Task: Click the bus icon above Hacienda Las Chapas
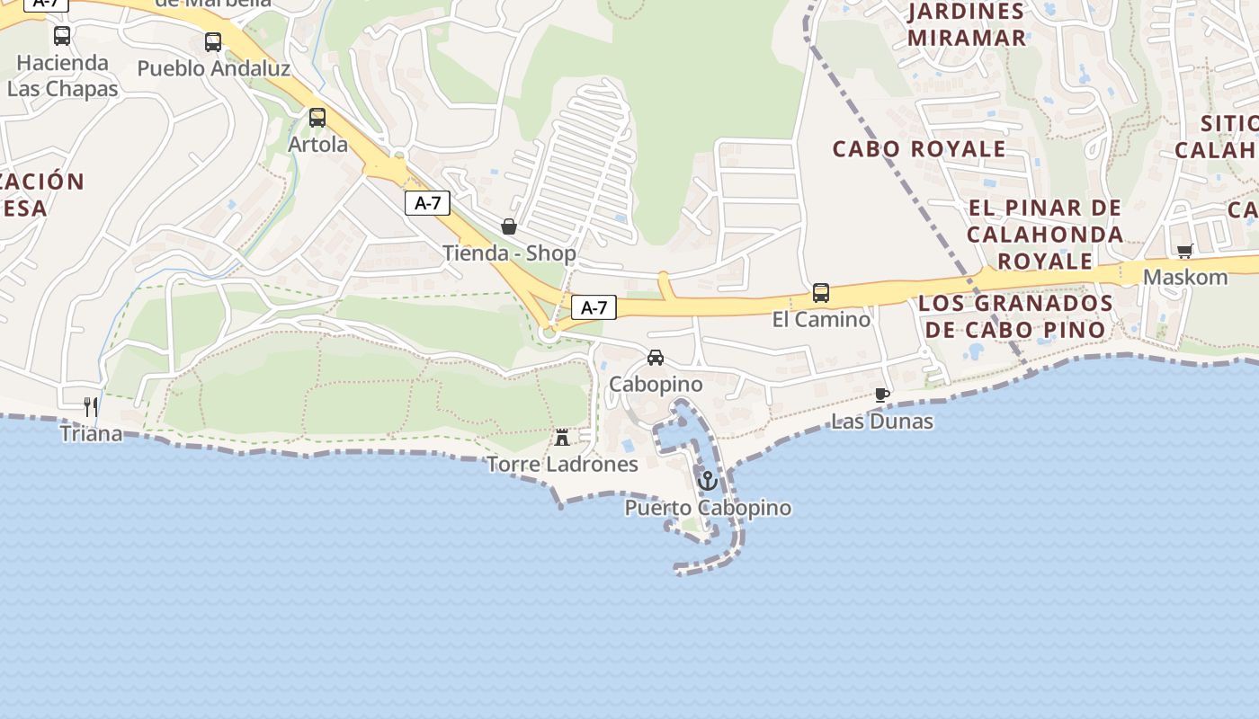pyautogui.click(x=62, y=36)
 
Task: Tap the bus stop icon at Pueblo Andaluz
pyautogui.click(x=213, y=41)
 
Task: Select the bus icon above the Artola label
pyautogui.click(x=317, y=117)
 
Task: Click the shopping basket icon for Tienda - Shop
pyautogui.click(x=509, y=226)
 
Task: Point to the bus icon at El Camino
pyautogui.click(x=821, y=292)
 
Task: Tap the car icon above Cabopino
pyautogui.click(x=656, y=358)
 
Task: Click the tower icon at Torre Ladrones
pyautogui.click(x=562, y=438)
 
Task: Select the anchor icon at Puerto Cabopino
pyautogui.click(x=708, y=481)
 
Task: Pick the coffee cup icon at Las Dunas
pyautogui.click(x=881, y=395)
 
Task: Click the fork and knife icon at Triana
pyautogui.click(x=91, y=406)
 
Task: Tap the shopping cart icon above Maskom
pyautogui.click(x=1184, y=252)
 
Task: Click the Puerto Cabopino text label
pyautogui.click(x=708, y=508)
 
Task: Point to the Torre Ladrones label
pyautogui.click(x=562, y=465)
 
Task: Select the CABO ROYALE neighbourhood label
pyautogui.click(x=919, y=149)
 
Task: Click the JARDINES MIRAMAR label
pyautogui.click(x=967, y=25)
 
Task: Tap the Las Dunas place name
pyautogui.click(x=881, y=422)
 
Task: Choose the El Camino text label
pyautogui.click(x=821, y=319)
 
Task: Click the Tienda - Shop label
pyautogui.click(x=509, y=253)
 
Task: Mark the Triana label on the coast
pyautogui.click(x=91, y=433)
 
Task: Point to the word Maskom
pyautogui.click(x=1185, y=277)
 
